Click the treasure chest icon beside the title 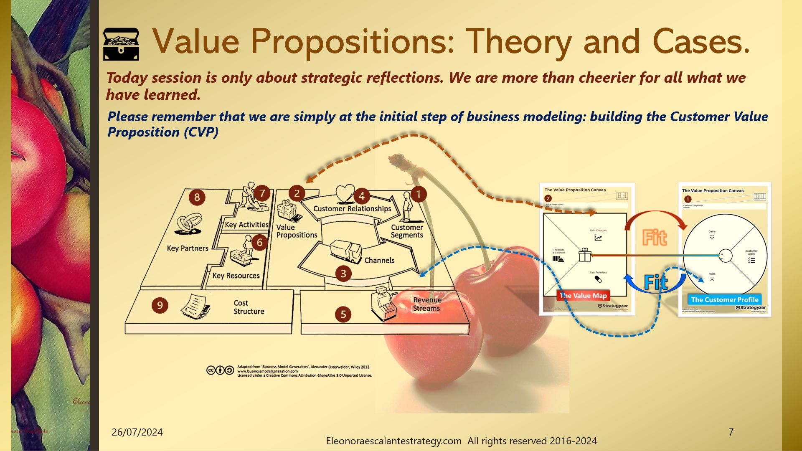(x=121, y=44)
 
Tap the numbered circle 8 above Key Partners (x=197, y=197)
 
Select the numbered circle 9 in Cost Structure (x=160, y=305)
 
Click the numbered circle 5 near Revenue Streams (x=343, y=314)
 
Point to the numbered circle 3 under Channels (x=343, y=274)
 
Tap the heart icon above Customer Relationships (x=345, y=193)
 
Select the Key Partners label (x=188, y=248)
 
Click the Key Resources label (x=236, y=276)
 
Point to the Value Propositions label (x=297, y=231)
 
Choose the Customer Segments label (x=407, y=231)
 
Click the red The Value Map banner (x=583, y=296)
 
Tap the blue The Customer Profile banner (x=724, y=299)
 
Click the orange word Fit (x=655, y=238)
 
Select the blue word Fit (x=656, y=283)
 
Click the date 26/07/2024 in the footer (x=137, y=432)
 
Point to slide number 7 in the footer (x=731, y=432)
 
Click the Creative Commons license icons (x=220, y=370)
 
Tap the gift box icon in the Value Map (x=585, y=255)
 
